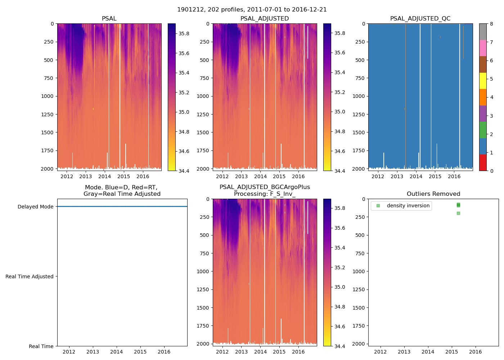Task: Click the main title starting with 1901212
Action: pyautogui.click(x=252, y=10)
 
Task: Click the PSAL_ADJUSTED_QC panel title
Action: pyautogui.click(x=420, y=19)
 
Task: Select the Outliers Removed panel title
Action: pyautogui.click(x=433, y=194)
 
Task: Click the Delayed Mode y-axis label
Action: pyautogui.click(x=35, y=207)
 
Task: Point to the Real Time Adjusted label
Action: pyautogui.click(x=29, y=276)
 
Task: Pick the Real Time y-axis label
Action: pyautogui.click(x=41, y=346)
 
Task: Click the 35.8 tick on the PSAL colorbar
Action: pyautogui.click(x=184, y=33)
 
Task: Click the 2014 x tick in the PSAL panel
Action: pyautogui.click(x=105, y=176)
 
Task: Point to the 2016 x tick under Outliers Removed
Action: pyautogui.click(x=475, y=352)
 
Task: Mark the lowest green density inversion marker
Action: pyautogui.click(x=458, y=213)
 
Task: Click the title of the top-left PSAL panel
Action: pyautogui.click(x=109, y=19)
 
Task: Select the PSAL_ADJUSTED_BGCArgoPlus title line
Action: pyautogui.click(x=265, y=187)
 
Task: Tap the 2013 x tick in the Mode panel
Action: pyautogui.click(x=93, y=352)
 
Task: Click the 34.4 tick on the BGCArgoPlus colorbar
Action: pyautogui.click(x=339, y=346)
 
